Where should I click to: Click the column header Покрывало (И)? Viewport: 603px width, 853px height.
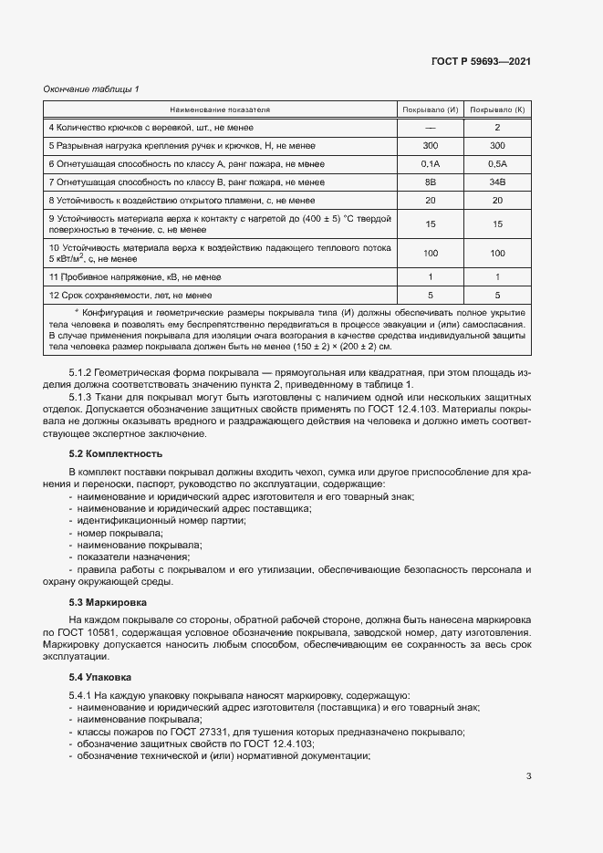point(431,109)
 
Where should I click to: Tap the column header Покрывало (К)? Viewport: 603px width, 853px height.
point(497,109)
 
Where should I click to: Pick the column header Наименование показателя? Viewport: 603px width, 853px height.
point(218,109)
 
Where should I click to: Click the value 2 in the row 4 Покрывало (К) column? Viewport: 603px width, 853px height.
point(497,128)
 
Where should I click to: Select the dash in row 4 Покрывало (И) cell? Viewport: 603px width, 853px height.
point(431,128)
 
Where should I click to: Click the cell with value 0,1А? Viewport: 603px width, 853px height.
point(431,164)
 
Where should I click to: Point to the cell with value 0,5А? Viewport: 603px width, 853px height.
point(497,164)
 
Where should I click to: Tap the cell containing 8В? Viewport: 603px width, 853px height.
point(431,182)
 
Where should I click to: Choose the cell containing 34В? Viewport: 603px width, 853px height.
point(497,182)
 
